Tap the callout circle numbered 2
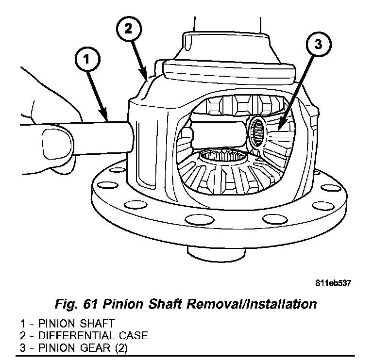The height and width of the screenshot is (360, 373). (x=127, y=29)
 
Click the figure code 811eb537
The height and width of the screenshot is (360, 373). (x=332, y=282)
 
